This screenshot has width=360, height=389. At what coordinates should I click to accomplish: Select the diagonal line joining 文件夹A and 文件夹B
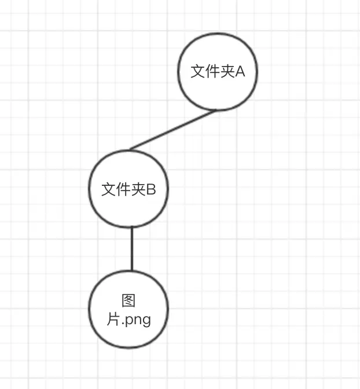click(x=172, y=130)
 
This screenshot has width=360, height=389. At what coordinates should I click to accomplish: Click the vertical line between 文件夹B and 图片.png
click(x=131, y=249)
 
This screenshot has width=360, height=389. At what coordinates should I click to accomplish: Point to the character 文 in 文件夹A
click(x=198, y=72)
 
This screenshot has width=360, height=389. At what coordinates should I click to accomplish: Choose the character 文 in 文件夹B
click(x=109, y=189)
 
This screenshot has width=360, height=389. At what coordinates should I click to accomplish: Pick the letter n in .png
click(x=137, y=319)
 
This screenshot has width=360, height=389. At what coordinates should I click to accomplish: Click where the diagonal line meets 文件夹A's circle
click(x=216, y=110)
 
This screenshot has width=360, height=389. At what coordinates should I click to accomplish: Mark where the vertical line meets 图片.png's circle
click(x=131, y=271)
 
